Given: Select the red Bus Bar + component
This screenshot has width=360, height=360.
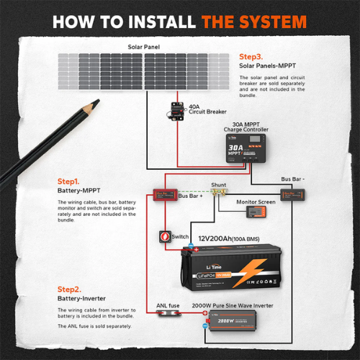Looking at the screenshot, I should click(x=162, y=194).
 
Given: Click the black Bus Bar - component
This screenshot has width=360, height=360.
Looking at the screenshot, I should click(x=296, y=194).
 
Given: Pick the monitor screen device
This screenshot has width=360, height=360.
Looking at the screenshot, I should click(x=256, y=213).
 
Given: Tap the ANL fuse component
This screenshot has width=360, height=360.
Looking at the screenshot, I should click(x=169, y=315).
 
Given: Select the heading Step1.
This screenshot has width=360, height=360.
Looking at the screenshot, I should click(x=68, y=183).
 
